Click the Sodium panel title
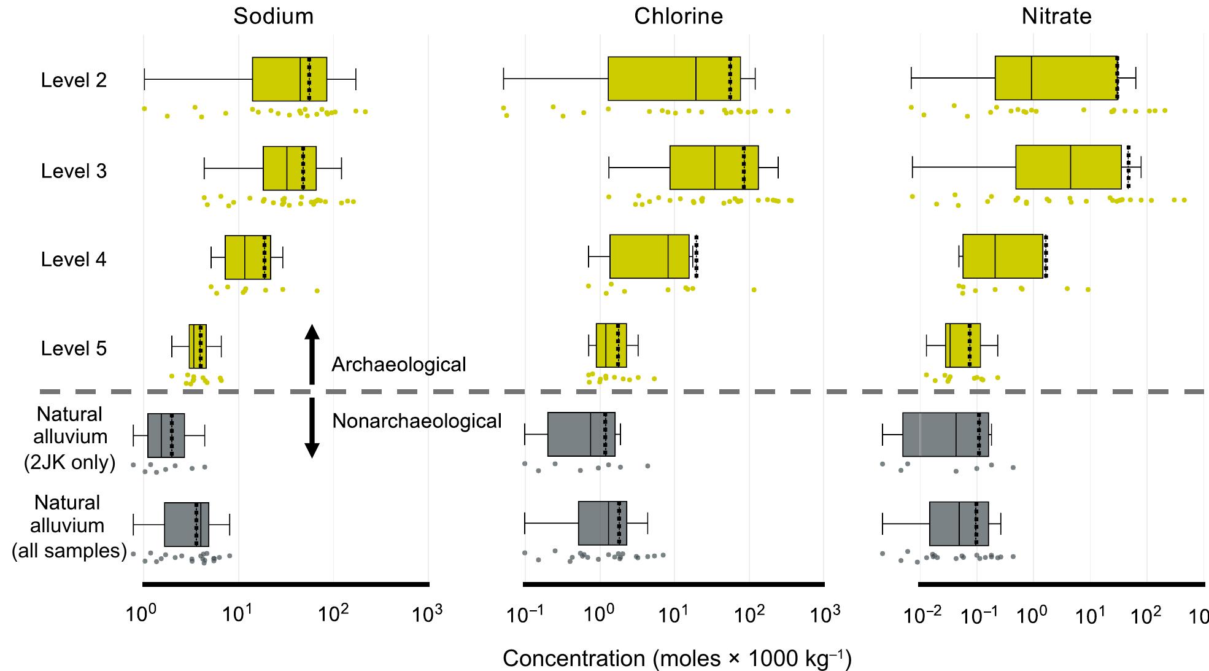[273, 17]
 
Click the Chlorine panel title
[678, 17]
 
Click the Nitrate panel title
[1056, 17]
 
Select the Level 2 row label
[74, 80]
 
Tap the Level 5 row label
[74, 349]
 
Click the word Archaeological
[399, 365]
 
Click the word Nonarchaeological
[417, 421]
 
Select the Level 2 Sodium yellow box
[289, 79]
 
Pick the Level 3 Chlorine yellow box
[714, 168]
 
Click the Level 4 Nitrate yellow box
[1002, 257]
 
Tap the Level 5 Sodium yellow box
[197, 346]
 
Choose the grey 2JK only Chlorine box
[581, 435]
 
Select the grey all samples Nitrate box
[959, 524]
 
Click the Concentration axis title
[677, 659]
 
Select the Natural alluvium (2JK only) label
[70, 437]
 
